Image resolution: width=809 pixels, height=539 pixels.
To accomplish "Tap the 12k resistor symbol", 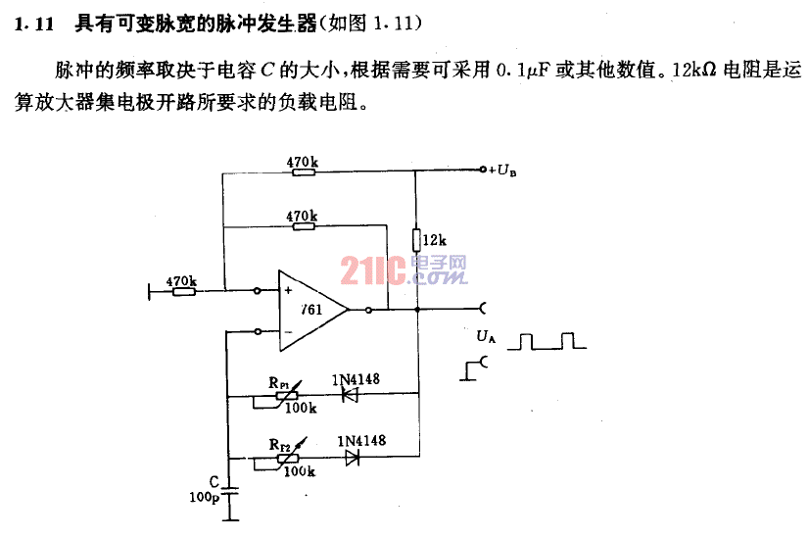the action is [x=416, y=239].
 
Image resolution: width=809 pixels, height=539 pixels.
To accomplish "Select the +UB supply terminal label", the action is [x=502, y=170].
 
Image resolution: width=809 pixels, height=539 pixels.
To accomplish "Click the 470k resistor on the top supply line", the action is [x=304, y=171].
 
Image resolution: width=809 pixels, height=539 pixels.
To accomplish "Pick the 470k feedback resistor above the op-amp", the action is [x=304, y=225].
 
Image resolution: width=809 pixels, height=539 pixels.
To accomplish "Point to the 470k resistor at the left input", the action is [x=184, y=292].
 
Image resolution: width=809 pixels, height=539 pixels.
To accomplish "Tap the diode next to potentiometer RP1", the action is [x=351, y=396].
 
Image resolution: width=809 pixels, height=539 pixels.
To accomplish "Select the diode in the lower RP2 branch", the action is [x=353, y=457].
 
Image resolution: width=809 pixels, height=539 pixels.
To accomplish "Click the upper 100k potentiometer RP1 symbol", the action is [x=285, y=397].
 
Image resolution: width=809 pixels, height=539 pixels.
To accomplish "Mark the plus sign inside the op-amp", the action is [x=288, y=290].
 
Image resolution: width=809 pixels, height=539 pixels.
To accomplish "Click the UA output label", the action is [x=486, y=336].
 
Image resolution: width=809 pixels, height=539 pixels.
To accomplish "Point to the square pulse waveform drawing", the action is [x=547, y=341].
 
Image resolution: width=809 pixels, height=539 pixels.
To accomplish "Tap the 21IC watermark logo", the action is [x=404, y=270].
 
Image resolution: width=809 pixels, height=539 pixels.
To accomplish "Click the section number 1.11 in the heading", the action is [x=34, y=24].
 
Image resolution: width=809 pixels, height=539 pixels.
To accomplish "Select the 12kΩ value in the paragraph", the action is [x=694, y=70].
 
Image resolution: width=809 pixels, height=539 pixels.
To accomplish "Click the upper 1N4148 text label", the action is [x=356, y=379].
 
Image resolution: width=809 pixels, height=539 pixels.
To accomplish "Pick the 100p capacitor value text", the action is [x=205, y=497].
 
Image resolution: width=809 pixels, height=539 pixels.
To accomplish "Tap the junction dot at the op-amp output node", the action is [x=417, y=310].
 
